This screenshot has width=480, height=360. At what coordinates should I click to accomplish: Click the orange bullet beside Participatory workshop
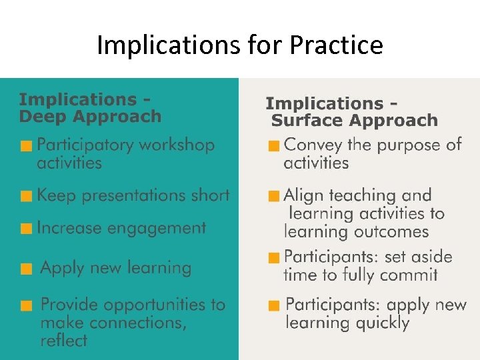pyautogui.click(x=26, y=146)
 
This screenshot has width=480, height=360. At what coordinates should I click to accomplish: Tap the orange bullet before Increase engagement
pyautogui.click(x=26, y=229)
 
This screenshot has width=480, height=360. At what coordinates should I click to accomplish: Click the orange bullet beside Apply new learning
pyautogui.click(x=26, y=269)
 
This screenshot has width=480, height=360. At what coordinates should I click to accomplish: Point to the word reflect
pyautogui.click(x=63, y=341)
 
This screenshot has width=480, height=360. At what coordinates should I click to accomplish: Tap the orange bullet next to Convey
pyautogui.click(x=273, y=146)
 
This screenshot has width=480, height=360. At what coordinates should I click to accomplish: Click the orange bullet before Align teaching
pyautogui.click(x=273, y=197)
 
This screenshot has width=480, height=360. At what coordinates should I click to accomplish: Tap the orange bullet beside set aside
pyautogui.click(x=273, y=257)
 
